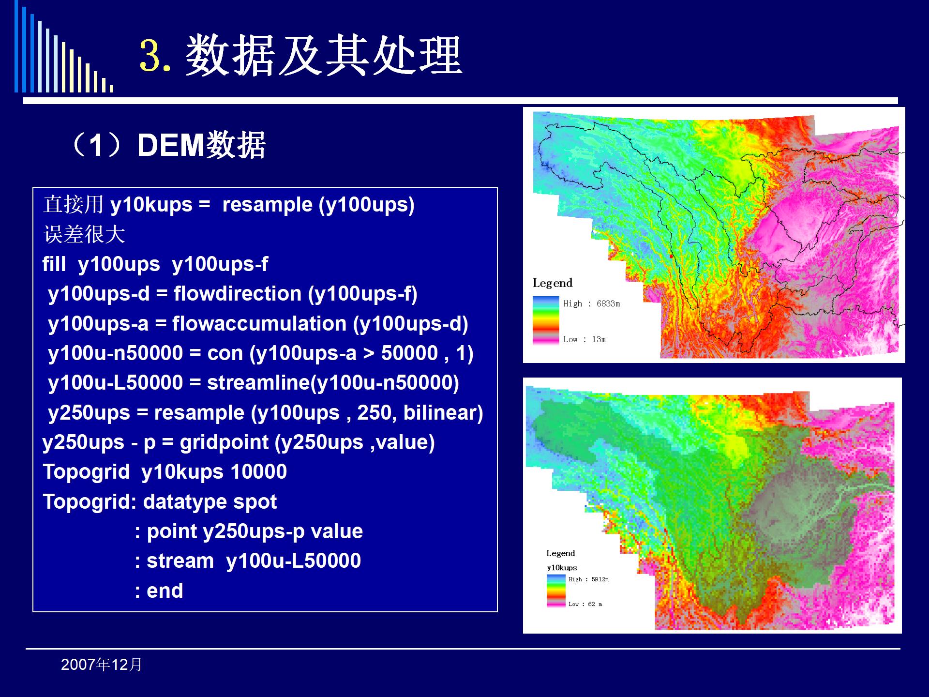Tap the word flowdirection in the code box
point(238,293)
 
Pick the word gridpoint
point(224,442)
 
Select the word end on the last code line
point(165,591)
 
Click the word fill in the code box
point(54,264)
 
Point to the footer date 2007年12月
point(102,665)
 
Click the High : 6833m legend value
point(591,303)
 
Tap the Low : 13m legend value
point(584,339)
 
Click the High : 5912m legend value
point(588,579)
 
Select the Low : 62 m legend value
point(585,604)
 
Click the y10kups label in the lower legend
point(562,568)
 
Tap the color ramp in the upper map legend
point(546,320)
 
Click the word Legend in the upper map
point(553,283)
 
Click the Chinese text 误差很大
point(84,234)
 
